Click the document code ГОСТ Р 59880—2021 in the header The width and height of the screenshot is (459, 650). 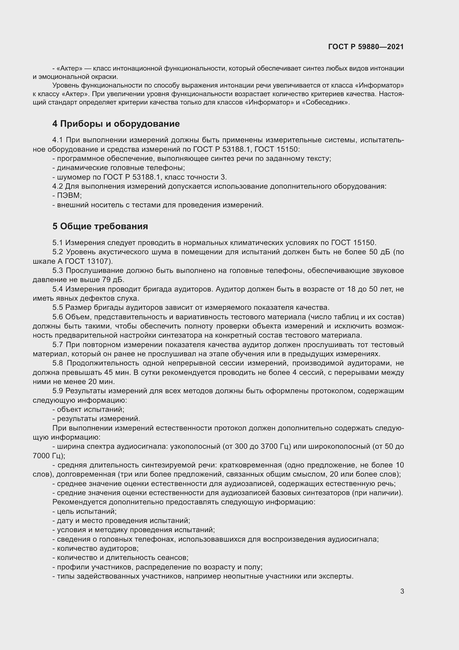(366, 47)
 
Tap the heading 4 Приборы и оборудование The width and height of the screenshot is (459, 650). (116, 124)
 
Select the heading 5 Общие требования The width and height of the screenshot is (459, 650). (100, 226)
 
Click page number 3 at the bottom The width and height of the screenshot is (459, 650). (402, 591)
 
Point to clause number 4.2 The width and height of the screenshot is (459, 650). (58, 186)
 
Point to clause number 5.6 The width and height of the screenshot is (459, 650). (58, 317)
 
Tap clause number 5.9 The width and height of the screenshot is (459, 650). (58, 391)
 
